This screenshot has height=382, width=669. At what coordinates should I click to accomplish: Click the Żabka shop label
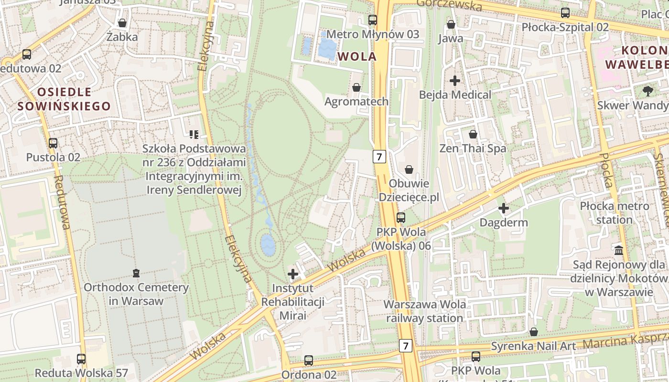pyautogui.click(x=122, y=37)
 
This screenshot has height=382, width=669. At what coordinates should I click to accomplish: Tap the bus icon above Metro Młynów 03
pyautogui.click(x=373, y=20)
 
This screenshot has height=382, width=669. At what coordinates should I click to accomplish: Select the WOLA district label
pyautogui.click(x=357, y=56)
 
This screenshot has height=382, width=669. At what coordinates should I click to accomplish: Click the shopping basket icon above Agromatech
pyautogui.click(x=356, y=87)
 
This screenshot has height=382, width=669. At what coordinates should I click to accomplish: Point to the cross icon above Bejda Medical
pyautogui.click(x=455, y=80)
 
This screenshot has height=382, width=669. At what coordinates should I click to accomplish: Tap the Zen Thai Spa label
pyautogui.click(x=473, y=149)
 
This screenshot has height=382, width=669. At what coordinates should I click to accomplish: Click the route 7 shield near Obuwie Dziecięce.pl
pyautogui.click(x=379, y=156)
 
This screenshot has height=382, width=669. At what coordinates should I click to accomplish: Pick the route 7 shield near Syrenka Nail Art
pyautogui.click(x=405, y=345)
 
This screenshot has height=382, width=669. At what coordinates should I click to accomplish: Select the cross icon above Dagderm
pyautogui.click(x=503, y=208)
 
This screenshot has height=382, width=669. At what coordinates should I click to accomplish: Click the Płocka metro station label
pyautogui.click(x=614, y=213)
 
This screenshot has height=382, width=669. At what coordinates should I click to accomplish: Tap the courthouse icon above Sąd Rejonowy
pyautogui.click(x=619, y=250)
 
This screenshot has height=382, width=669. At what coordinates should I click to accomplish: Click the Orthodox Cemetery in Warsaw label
pyautogui.click(x=136, y=294)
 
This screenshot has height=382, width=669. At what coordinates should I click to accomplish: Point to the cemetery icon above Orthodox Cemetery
pyautogui.click(x=136, y=273)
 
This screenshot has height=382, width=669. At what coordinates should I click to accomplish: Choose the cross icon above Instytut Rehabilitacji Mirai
pyautogui.click(x=293, y=274)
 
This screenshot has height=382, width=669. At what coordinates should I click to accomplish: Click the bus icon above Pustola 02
pyautogui.click(x=53, y=143)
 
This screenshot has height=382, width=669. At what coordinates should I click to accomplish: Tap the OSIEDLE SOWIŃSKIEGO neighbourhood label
pyautogui.click(x=64, y=99)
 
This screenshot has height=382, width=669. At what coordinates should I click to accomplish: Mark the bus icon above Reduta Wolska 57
pyautogui.click(x=81, y=359)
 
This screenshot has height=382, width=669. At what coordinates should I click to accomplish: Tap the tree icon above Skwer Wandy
pyautogui.click(x=647, y=90)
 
